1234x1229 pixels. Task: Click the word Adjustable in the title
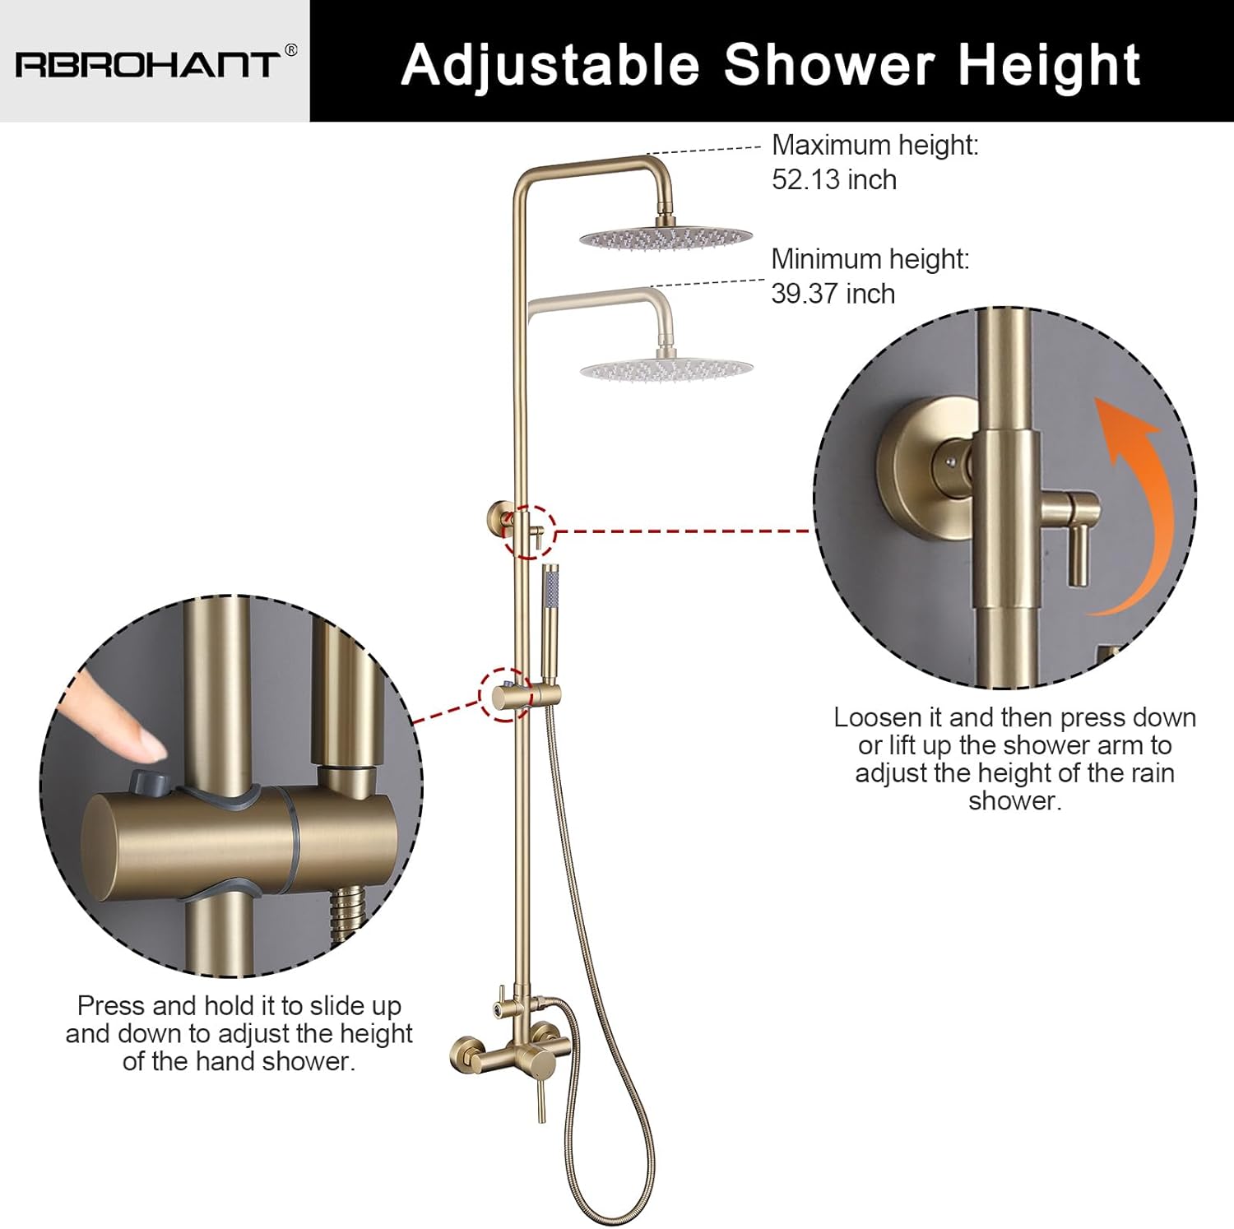550,64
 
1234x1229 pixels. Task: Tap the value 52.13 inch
834,179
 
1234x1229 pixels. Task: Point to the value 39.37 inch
833,293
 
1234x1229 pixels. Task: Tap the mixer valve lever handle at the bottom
542,1093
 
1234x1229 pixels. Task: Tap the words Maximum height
875,145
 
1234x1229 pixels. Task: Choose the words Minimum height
870,258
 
